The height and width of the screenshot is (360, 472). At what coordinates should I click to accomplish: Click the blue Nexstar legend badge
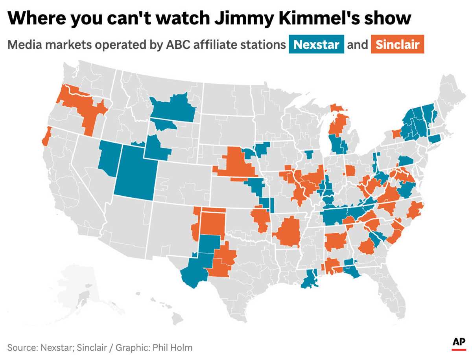316,44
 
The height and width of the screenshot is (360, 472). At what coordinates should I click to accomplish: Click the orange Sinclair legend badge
397,44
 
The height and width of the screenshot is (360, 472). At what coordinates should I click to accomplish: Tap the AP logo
459,342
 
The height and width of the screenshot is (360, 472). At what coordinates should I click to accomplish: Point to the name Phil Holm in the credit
173,347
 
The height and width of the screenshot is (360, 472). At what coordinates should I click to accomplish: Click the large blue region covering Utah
135,173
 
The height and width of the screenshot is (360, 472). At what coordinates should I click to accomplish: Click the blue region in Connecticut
434,138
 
